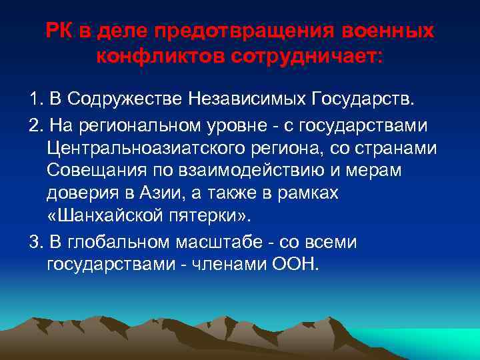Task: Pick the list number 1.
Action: (35, 100)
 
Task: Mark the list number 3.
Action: (35, 242)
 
